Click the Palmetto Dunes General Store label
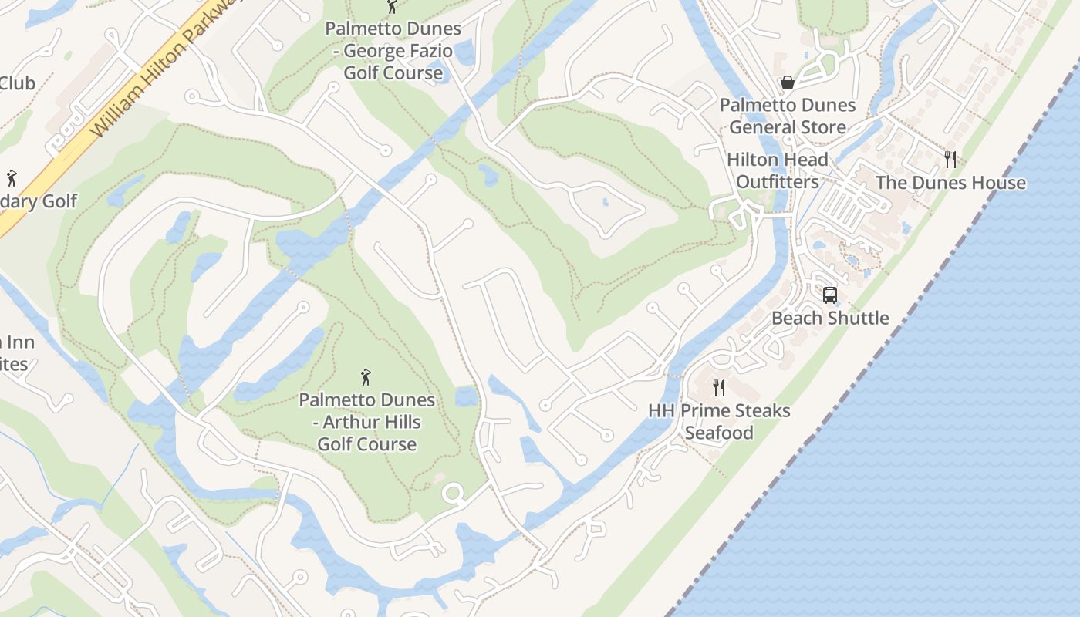tap(788, 116)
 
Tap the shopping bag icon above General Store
tap(788, 82)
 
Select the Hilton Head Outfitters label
tap(777, 171)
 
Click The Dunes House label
tap(950, 183)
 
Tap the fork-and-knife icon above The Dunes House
tap(950, 160)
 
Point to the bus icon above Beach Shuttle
tap(830, 295)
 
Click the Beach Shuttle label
tap(830, 318)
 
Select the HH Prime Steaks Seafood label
tap(719, 421)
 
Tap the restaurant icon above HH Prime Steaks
tap(719, 387)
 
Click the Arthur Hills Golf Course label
tap(367, 422)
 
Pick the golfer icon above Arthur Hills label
tap(366, 377)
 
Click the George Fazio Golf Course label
tap(393, 51)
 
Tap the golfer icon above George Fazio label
tap(392, 7)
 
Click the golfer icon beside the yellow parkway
tap(12, 179)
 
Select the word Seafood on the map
tap(719, 433)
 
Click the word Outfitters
tap(777, 182)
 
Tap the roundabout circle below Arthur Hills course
tap(452, 494)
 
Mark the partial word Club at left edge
tap(17, 83)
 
